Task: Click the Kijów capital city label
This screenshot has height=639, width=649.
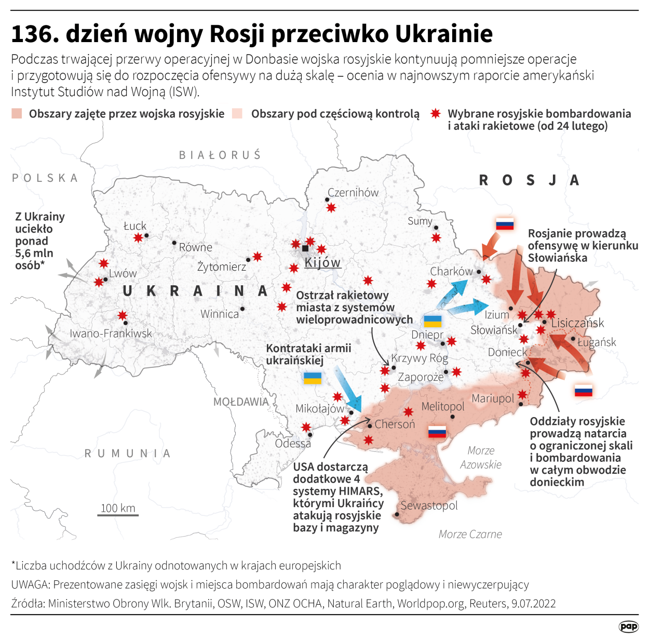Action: point(322,262)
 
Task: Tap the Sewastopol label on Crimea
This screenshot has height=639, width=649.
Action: point(429,505)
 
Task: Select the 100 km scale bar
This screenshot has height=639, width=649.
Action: point(118,514)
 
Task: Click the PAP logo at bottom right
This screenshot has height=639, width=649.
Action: point(628,627)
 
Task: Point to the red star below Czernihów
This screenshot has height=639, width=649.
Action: point(331,208)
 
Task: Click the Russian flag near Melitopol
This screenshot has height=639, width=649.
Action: point(437,431)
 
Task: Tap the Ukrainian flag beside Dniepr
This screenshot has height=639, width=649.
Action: point(432,321)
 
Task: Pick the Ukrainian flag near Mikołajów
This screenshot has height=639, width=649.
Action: point(312,378)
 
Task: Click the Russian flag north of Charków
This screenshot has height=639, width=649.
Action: point(505,224)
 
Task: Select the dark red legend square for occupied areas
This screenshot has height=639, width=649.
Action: point(17,114)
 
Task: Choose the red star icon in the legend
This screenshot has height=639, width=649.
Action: point(436,114)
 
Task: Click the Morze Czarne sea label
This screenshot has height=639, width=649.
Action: point(470,534)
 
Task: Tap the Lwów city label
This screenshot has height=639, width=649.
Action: point(123,273)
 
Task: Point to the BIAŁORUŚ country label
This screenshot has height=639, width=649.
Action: point(220,155)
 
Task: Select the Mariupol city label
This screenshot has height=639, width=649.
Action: point(492,398)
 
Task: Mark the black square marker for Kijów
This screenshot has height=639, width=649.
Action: point(305,248)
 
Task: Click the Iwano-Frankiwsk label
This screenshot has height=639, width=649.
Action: point(111,334)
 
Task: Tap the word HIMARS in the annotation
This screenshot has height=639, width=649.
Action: point(360,491)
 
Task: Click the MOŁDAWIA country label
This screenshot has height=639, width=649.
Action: point(241,402)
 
